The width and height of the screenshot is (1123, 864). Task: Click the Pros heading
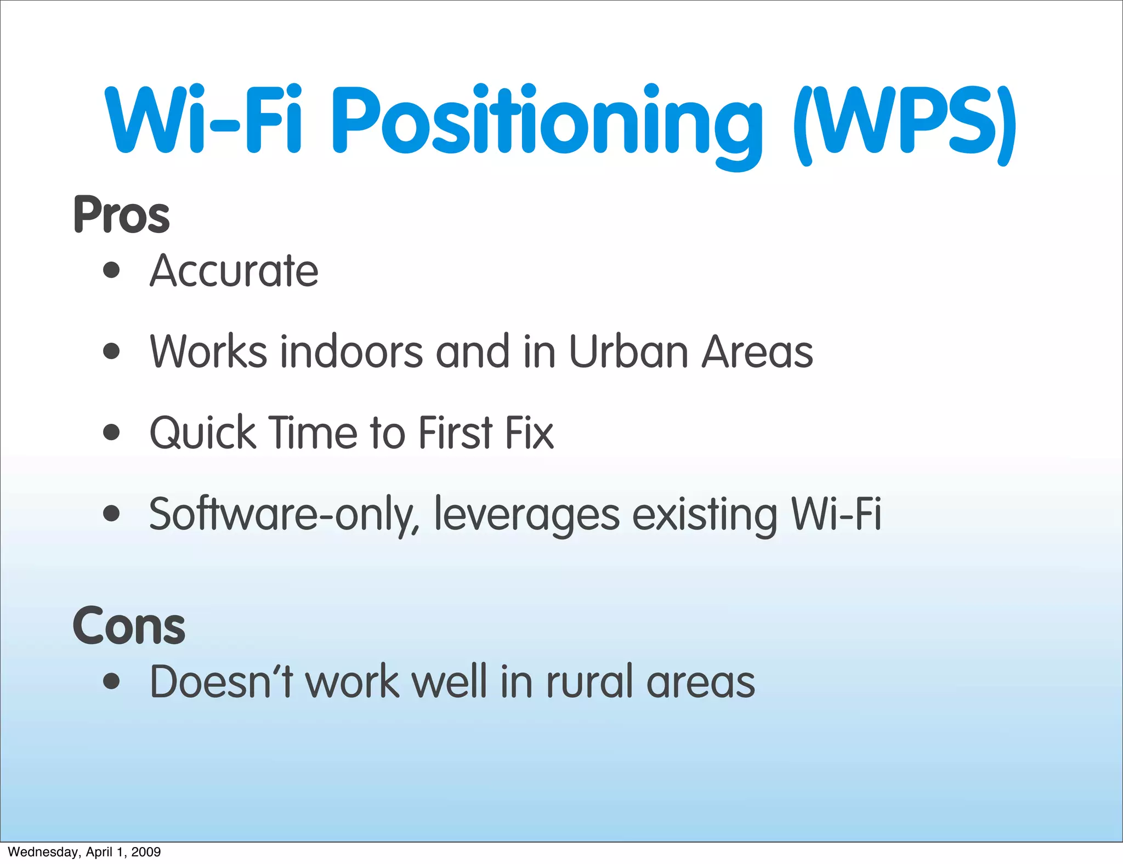(x=121, y=215)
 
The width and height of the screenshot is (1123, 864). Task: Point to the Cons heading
(x=129, y=626)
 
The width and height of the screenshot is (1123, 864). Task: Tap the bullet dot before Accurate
(x=111, y=270)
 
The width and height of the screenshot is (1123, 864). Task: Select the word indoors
(x=351, y=351)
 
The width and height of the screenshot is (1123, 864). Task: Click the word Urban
(x=628, y=351)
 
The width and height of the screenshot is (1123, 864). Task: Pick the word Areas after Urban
(x=757, y=351)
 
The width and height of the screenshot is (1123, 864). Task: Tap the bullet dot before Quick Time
(x=111, y=432)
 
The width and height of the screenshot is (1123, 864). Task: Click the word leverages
(x=527, y=514)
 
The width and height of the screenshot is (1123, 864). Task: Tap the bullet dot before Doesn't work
(x=111, y=681)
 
